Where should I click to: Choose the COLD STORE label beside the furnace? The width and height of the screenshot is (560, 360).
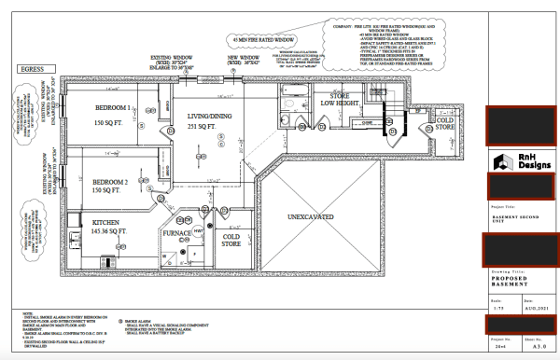click(x=231, y=241)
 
